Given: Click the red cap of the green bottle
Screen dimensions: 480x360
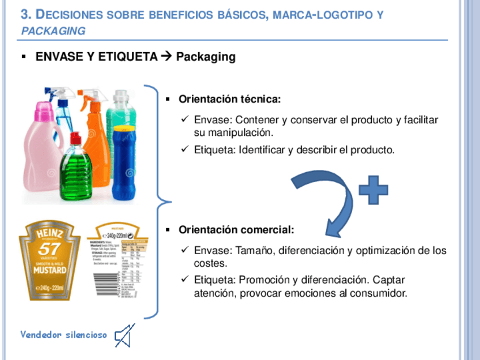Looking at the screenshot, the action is (75, 139).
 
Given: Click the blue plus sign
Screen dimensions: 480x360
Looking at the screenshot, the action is (374, 190).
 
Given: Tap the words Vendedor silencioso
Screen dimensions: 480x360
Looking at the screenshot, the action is (64, 334).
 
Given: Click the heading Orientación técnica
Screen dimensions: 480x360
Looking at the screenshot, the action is (229, 100).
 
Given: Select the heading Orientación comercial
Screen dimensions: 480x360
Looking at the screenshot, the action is (236, 230).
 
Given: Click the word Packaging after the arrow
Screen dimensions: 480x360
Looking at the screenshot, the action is (205, 57).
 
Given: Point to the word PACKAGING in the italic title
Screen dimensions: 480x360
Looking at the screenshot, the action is (53, 31).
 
